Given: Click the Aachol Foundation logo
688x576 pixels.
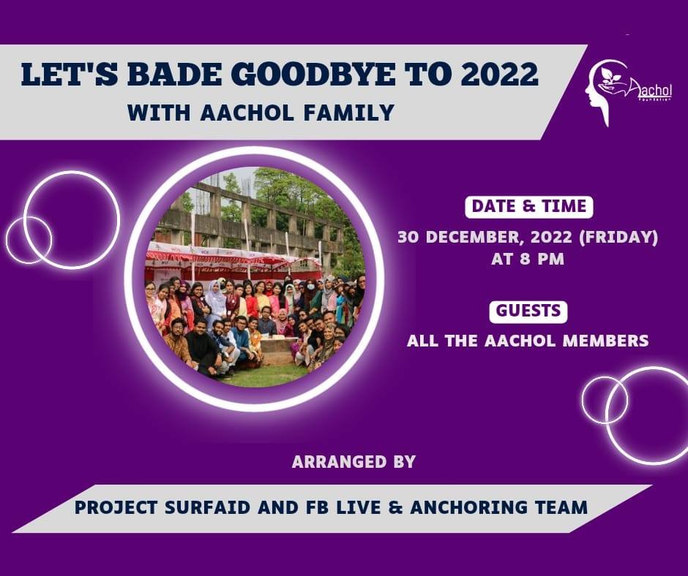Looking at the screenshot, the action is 628,93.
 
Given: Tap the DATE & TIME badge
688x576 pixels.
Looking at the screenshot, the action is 528,206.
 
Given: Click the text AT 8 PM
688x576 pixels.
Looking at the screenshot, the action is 528,259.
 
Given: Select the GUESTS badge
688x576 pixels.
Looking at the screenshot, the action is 528,311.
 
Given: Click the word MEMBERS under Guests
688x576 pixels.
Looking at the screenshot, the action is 605,341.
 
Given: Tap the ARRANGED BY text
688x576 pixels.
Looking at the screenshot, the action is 354,462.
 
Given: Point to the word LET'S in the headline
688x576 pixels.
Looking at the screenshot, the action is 70,74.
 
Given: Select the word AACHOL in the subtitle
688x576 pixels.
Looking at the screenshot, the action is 247,113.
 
